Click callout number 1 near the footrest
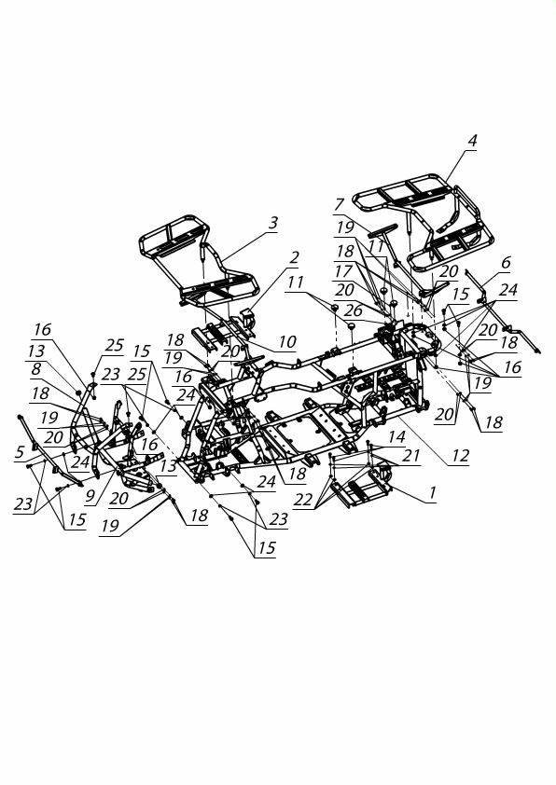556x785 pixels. pos(432,492)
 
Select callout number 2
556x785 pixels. pos(294,257)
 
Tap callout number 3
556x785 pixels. pos(272,223)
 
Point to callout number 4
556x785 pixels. pos(472,140)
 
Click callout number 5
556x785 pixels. pos(20,452)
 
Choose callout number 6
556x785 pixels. pos(506,262)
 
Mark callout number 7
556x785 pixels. pos(340,204)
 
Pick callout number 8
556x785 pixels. pos(35,369)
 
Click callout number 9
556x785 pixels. pos(90,495)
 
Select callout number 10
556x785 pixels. pos(287,341)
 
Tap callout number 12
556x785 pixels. pos(460,455)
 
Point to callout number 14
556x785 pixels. pos(396,436)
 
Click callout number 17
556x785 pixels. pos(343,271)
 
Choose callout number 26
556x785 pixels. pos(354,310)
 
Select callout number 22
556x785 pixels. pos(304,499)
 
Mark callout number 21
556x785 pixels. pos(411,455)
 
